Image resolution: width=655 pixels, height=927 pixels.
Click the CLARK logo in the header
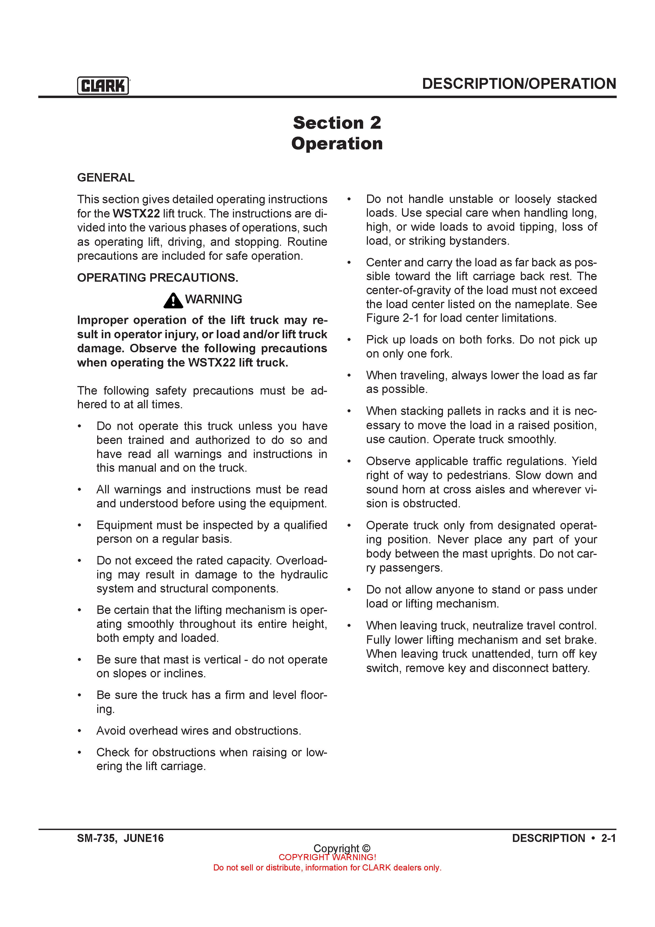pos(103,86)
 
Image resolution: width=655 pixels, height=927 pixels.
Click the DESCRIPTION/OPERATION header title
pos(519,84)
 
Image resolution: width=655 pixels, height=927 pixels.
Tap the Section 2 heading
pos(337,123)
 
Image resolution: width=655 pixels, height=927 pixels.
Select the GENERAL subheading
pos(106,178)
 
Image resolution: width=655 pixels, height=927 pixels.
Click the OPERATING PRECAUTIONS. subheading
pos(157,278)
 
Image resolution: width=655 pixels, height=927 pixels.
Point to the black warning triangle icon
pos(174,300)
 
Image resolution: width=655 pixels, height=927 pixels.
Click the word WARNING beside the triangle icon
pos(213,299)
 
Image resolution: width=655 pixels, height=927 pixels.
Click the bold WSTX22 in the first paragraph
pos(136,214)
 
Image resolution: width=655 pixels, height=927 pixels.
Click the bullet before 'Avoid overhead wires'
pos(80,731)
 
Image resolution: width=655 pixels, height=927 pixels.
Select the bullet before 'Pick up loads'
pos(349,340)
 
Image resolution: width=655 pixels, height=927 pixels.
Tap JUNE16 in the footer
pos(144,838)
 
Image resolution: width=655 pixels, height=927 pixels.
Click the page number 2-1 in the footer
pos(608,838)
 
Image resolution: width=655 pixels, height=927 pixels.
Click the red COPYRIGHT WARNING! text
pos(327,857)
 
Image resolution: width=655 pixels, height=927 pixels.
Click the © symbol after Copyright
pos(366,848)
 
